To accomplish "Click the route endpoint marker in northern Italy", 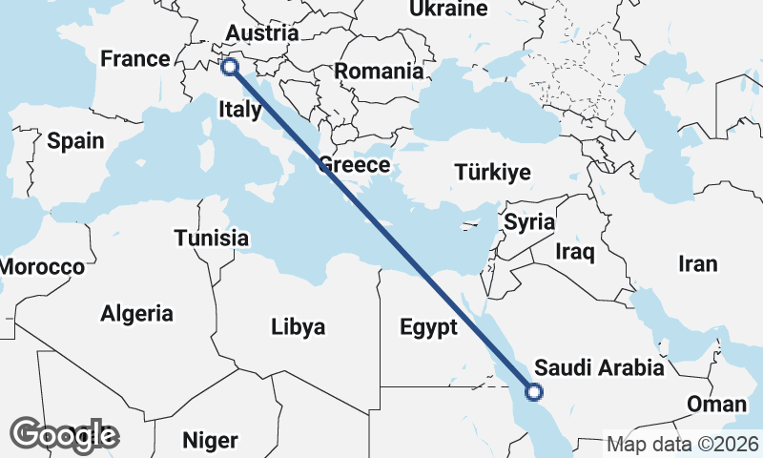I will [230, 67].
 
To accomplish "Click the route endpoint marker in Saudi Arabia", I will [534, 391].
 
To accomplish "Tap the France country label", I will [135, 59].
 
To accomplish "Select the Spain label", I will [75, 141].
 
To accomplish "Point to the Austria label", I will [262, 32].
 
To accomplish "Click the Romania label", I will [379, 71].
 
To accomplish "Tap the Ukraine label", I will [448, 10].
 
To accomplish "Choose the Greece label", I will [354, 164].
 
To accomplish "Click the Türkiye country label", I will [492, 173].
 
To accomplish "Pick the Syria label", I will [529, 222].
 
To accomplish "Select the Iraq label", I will [575, 252].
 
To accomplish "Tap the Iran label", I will [697, 263].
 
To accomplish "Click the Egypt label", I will [429, 327].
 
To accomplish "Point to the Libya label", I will [299, 327].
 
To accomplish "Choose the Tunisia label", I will [212, 239].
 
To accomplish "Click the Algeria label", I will [137, 313].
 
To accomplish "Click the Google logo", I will [65, 435].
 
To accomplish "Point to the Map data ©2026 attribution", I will [683, 444].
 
